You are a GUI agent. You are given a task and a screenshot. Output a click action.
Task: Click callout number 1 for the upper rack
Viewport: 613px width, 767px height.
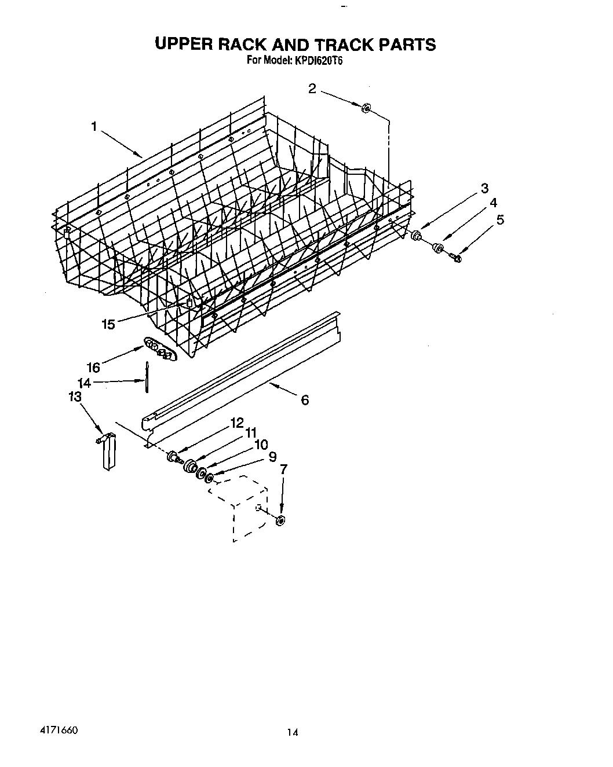(x=94, y=127)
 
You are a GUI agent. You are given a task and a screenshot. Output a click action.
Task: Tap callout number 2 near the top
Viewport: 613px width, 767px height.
(x=312, y=89)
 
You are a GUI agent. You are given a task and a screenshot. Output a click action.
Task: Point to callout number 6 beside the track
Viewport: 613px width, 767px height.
(x=305, y=399)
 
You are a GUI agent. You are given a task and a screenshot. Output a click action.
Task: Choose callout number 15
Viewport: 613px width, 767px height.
(x=108, y=324)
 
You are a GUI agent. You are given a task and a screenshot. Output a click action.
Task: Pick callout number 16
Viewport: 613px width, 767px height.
(x=93, y=367)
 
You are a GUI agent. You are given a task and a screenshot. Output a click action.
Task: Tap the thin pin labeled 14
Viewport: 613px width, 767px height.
(x=148, y=377)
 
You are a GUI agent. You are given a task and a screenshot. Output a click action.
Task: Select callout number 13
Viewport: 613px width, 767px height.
(x=75, y=397)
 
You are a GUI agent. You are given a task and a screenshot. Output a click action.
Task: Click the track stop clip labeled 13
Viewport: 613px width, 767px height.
(x=108, y=451)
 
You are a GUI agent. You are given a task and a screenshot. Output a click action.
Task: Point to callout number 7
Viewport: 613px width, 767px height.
(x=283, y=469)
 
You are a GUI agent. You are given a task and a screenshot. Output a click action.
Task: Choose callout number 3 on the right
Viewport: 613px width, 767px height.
(x=484, y=188)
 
